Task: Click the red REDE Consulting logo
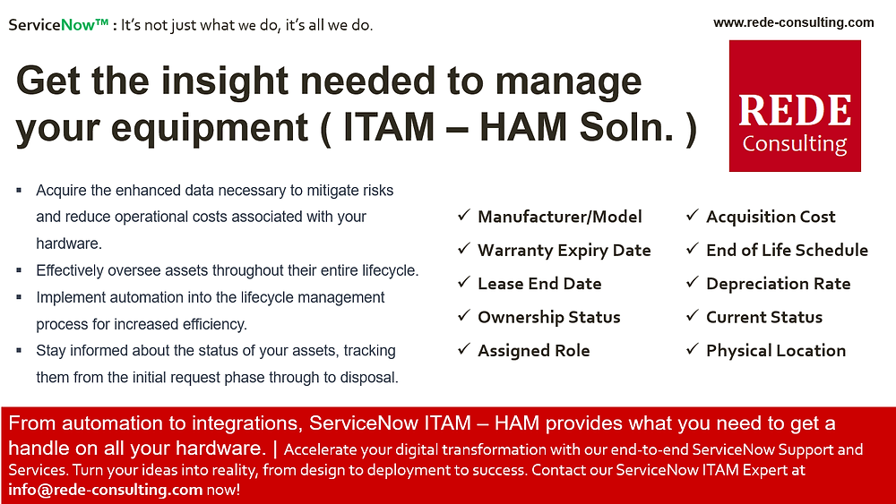click(795, 106)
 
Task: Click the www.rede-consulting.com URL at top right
click(793, 22)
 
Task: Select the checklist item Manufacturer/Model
click(559, 217)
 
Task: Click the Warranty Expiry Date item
click(564, 251)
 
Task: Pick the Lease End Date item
click(539, 284)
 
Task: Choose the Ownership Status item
click(548, 318)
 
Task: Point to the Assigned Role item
click(533, 351)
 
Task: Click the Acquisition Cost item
click(771, 217)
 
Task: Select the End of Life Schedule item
click(787, 251)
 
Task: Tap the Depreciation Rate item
click(778, 284)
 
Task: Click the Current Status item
click(763, 318)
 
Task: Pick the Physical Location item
click(775, 351)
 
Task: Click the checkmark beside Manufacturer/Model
click(463, 216)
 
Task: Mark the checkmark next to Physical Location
click(692, 350)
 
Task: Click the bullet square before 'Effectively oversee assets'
click(19, 270)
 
